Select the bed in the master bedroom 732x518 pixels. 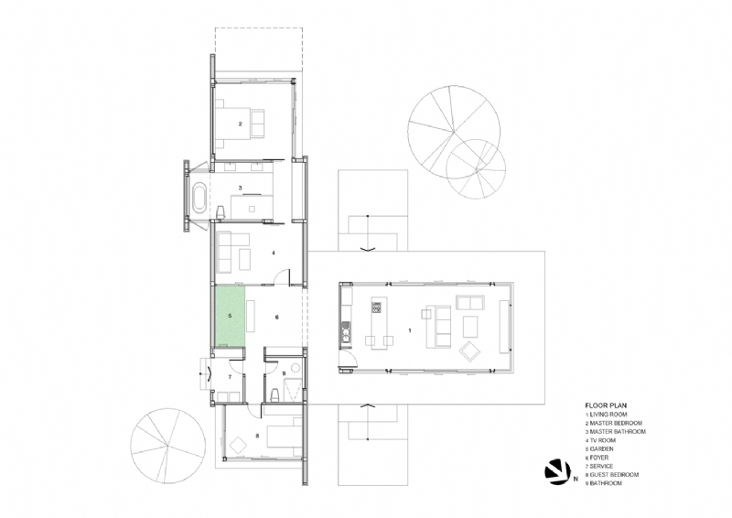[253, 122]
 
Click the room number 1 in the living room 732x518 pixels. [410, 329]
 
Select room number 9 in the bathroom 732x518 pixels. [285, 373]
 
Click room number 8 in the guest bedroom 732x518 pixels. [257, 437]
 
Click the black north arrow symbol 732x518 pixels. [555, 470]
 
